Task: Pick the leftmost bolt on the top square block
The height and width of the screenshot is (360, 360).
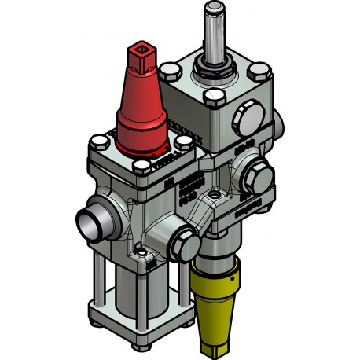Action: (167, 73)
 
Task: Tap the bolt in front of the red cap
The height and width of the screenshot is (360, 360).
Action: (143, 166)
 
